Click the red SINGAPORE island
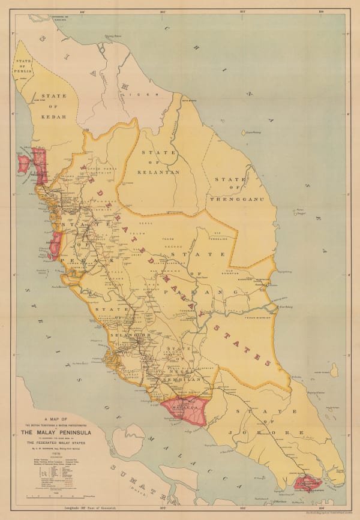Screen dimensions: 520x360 click(x=307, y=483)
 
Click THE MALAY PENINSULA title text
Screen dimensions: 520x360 click(x=57, y=432)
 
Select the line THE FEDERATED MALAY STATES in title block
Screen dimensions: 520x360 click(x=57, y=443)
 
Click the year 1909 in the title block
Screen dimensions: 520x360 click(x=57, y=453)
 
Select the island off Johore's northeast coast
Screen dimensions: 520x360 click(x=334, y=371)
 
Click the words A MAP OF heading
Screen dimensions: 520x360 click(x=57, y=419)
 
